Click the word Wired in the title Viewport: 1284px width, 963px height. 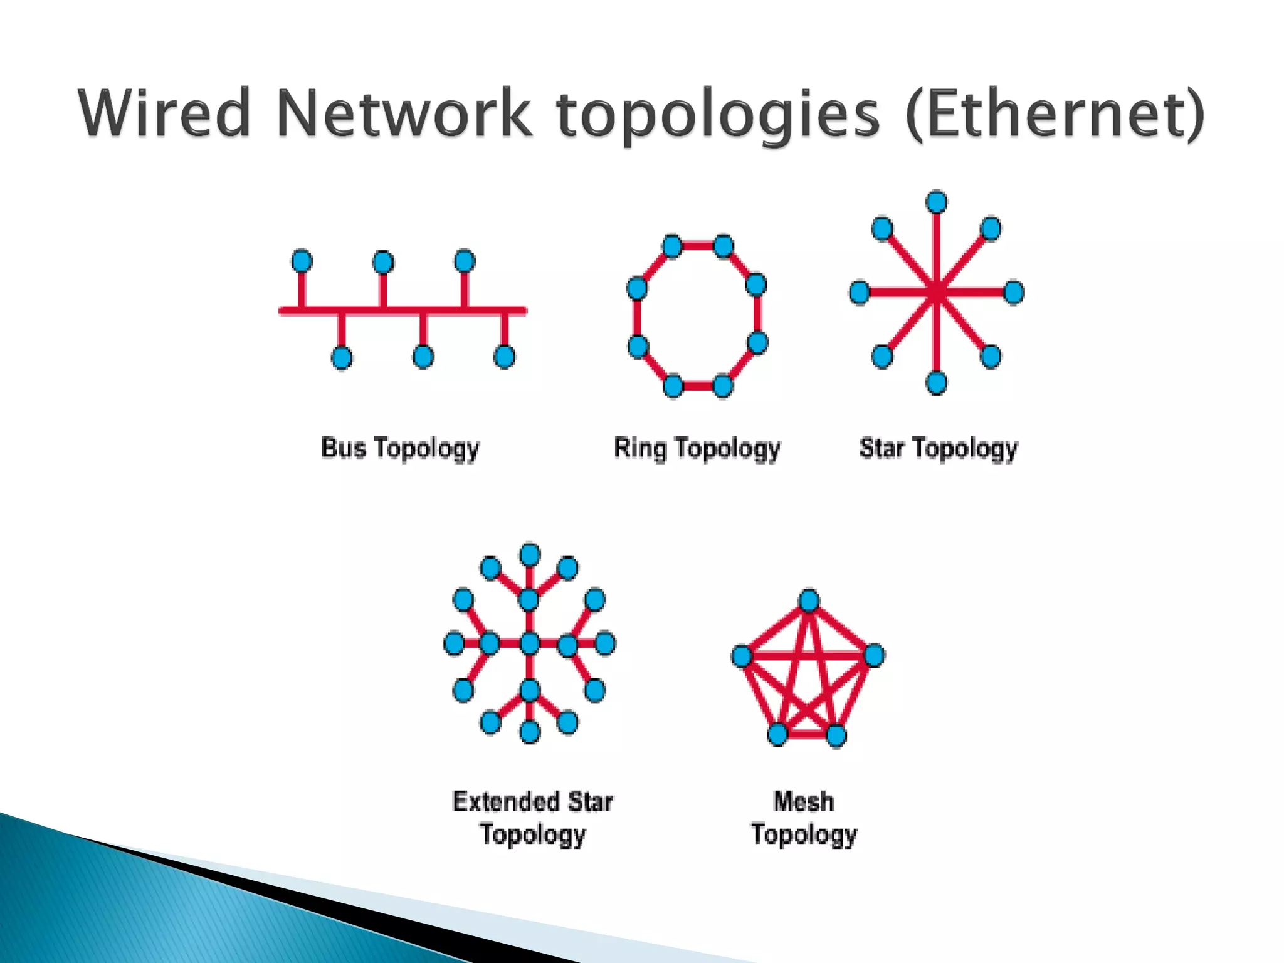tap(164, 113)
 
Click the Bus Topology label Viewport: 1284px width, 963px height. tap(400, 449)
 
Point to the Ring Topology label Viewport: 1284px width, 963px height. tap(697, 449)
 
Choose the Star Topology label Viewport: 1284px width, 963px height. tap(939, 449)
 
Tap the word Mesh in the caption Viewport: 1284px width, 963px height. tap(804, 801)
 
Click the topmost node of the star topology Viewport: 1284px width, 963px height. tap(937, 203)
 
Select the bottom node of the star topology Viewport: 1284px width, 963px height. tap(937, 382)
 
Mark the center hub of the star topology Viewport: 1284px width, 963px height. tap(937, 292)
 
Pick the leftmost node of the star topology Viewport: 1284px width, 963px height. tap(860, 292)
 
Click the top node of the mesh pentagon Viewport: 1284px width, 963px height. tap(809, 601)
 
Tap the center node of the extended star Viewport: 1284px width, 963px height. tap(530, 643)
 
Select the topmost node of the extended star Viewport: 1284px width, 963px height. tap(530, 555)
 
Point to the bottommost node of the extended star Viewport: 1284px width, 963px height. tap(530, 731)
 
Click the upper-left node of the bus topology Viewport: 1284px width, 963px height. tap(302, 261)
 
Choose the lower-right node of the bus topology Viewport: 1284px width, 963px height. tap(505, 357)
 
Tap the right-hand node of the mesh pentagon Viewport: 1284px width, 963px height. tap(874, 655)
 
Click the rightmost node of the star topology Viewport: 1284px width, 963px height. tap(1014, 292)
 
